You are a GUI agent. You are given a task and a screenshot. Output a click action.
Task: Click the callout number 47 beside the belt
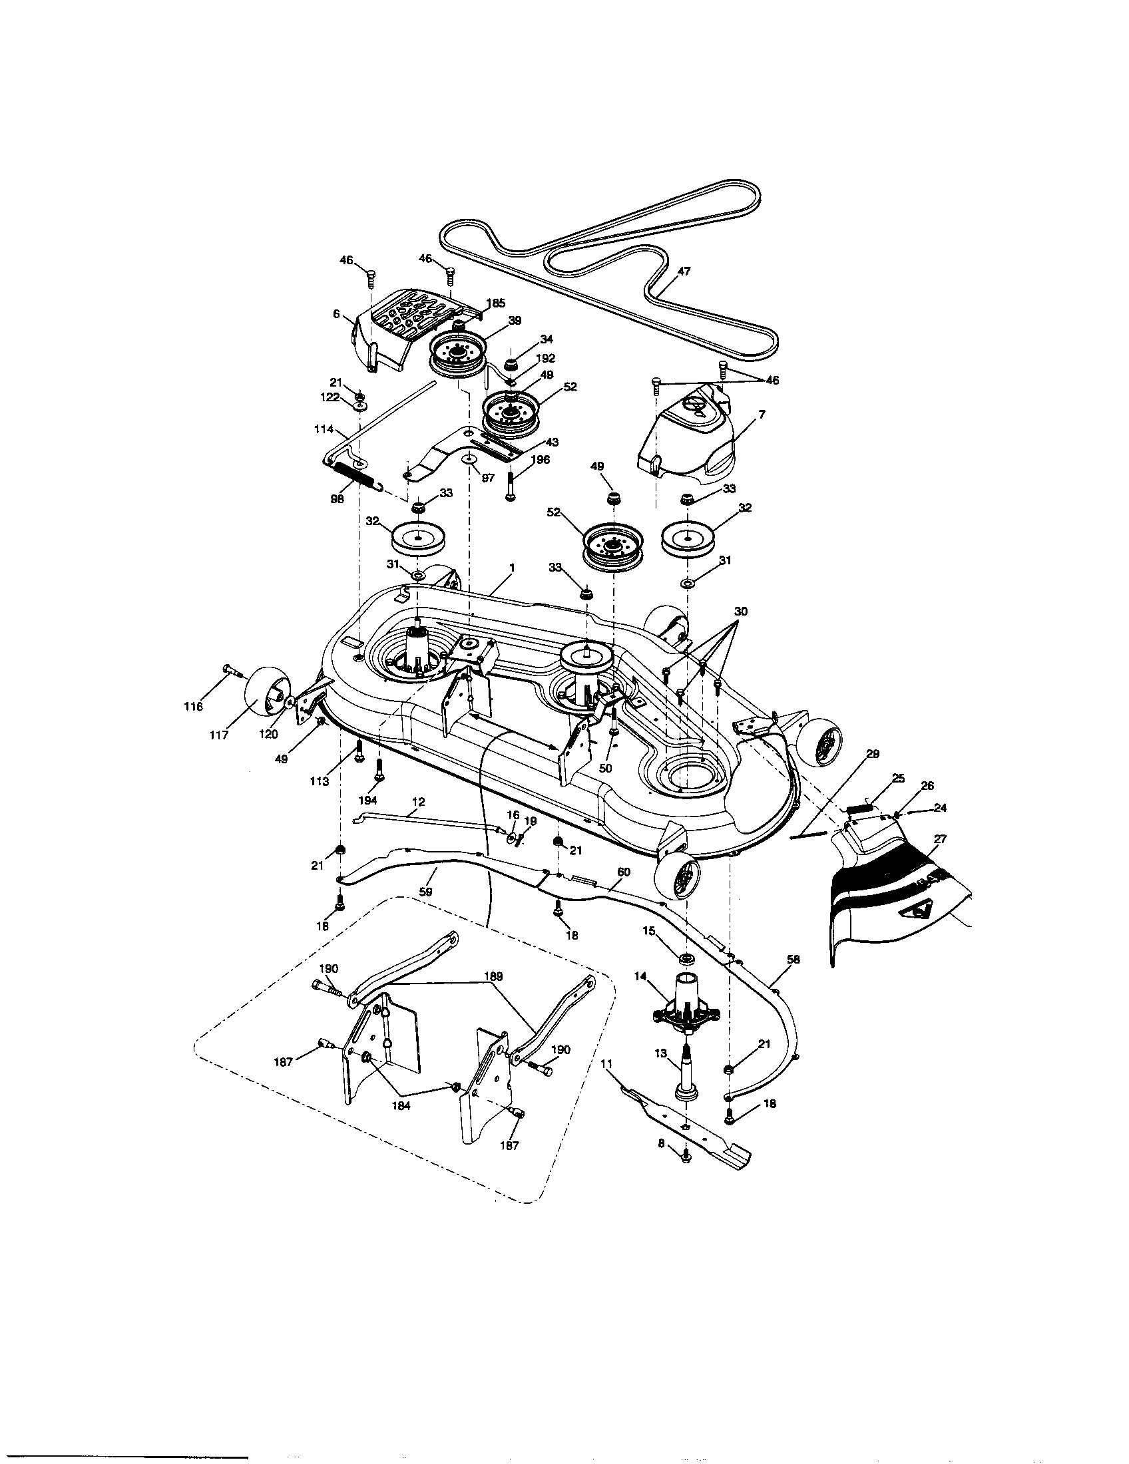(684, 272)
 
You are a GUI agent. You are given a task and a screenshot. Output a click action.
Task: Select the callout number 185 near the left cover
(496, 303)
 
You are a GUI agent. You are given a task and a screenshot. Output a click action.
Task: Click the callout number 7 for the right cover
(762, 415)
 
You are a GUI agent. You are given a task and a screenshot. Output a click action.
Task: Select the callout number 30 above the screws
(740, 612)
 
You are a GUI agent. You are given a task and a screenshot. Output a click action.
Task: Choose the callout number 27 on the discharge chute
(940, 838)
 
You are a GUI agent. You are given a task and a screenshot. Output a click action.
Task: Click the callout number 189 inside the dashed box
(493, 977)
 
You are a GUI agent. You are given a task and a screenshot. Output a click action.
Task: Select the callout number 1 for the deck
(511, 568)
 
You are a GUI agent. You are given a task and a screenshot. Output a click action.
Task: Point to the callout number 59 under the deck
(425, 892)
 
